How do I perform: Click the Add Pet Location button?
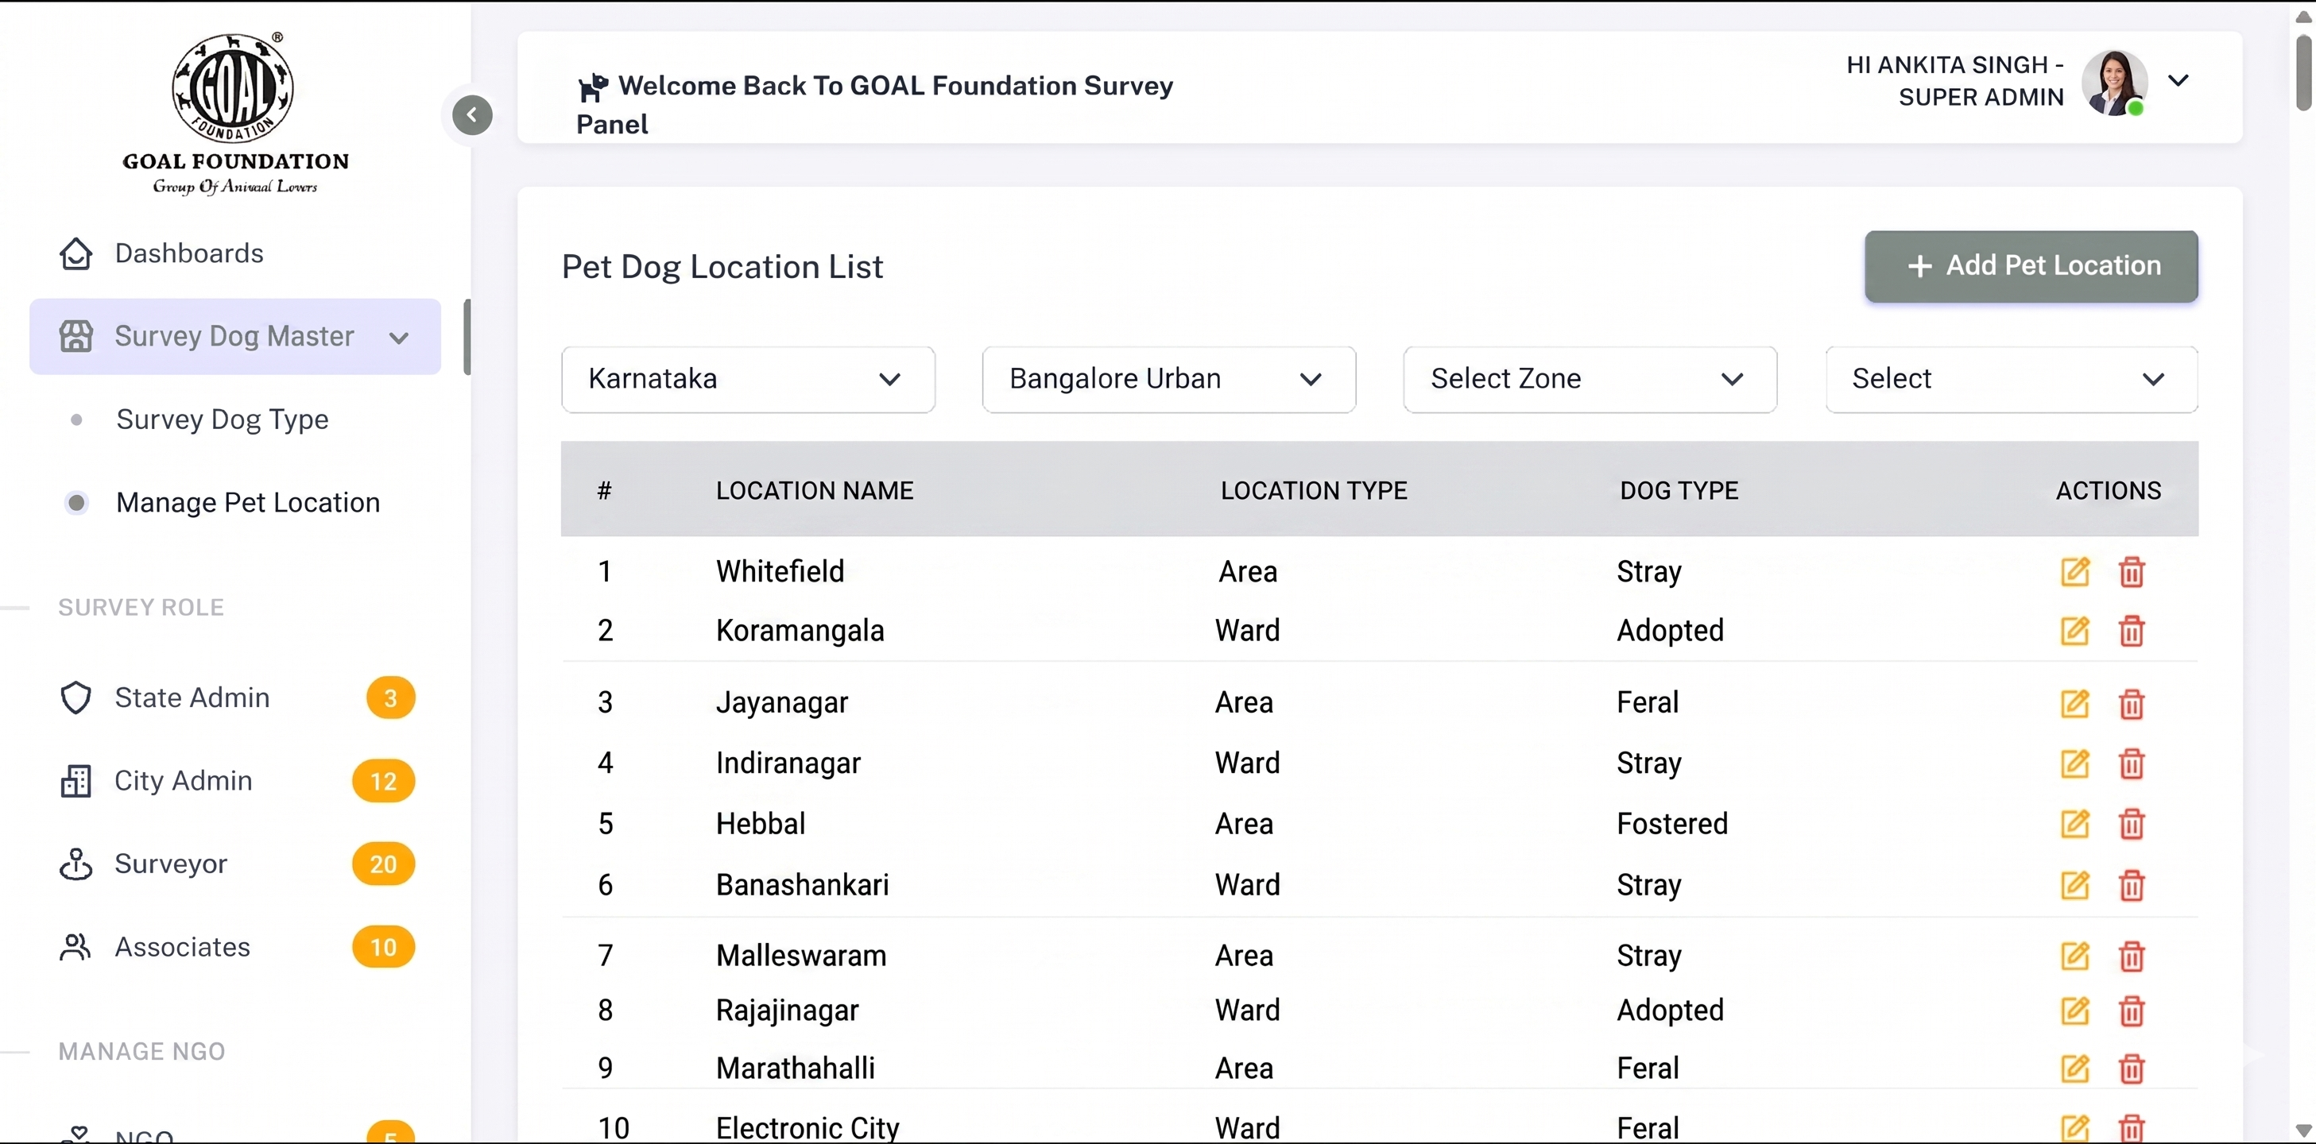pyautogui.click(x=2031, y=266)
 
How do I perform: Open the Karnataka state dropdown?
pyautogui.click(x=748, y=379)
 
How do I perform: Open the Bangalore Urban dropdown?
pyautogui.click(x=1169, y=379)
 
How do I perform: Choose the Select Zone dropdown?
pyautogui.click(x=1590, y=379)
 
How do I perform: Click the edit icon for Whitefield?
pyautogui.click(x=2075, y=571)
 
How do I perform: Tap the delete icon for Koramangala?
pyautogui.click(x=2132, y=631)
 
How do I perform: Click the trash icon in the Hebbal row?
pyautogui.click(x=2132, y=824)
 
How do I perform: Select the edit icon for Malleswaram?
pyautogui.click(x=2075, y=957)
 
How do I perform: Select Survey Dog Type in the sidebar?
pyautogui.click(x=222, y=419)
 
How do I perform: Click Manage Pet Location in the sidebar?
pyautogui.click(x=247, y=502)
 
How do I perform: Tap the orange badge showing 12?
pyautogui.click(x=383, y=781)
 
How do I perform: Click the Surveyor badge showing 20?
pyautogui.click(x=383, y=864)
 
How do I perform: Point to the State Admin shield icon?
pyautogui.click(x=76, y=698)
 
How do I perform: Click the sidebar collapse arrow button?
pyautogui.click(x=472, y=115)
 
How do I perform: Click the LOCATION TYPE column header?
pyautogui.click(x=1314, y=491)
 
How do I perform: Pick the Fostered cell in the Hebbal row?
pyautogui.click(x=1672, y=824)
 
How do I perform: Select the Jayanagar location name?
pyautogui.click(x=781, y=703)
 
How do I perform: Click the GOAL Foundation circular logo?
pyautogui.click(x=233, y=87)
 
